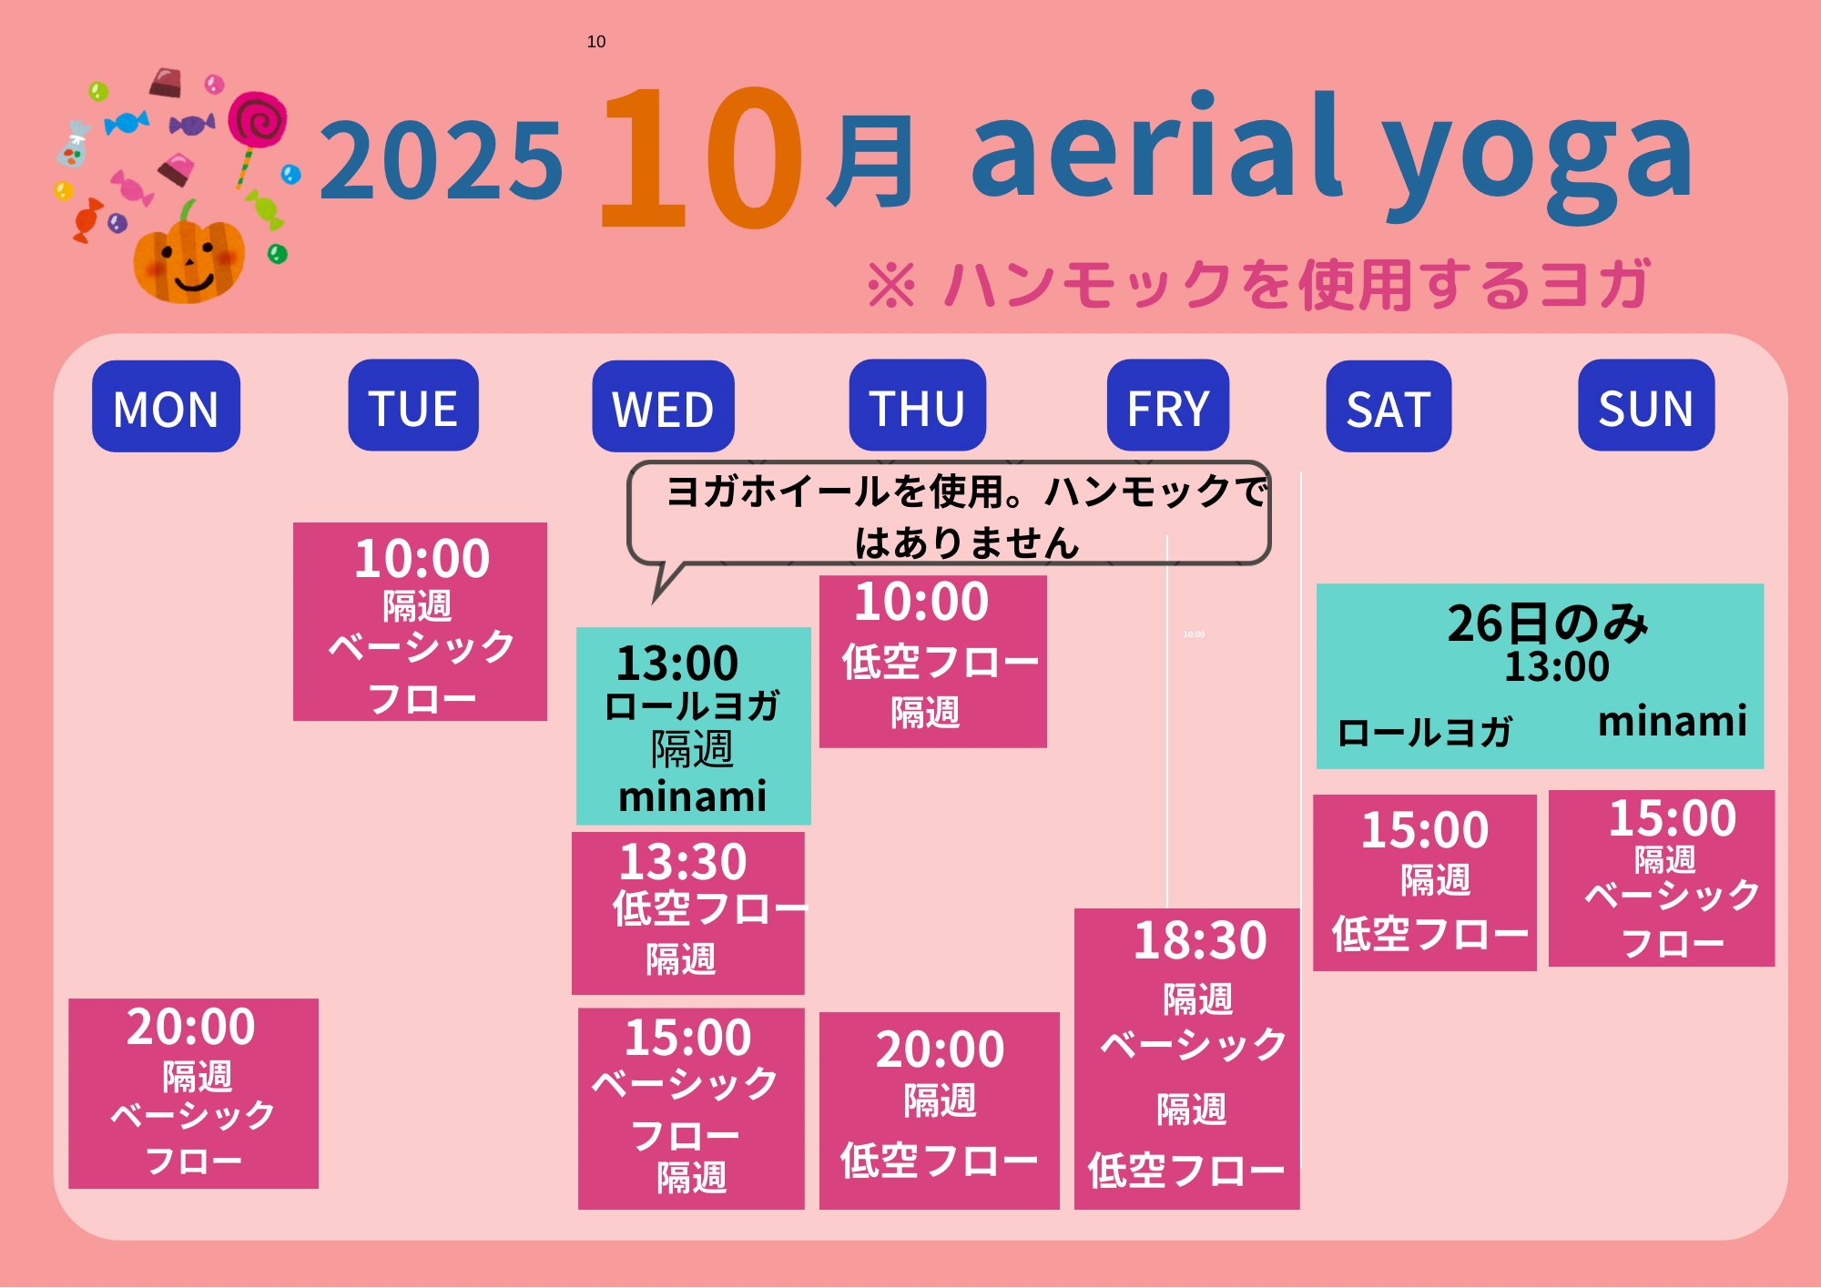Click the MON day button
click(166, 406)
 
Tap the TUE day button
click(413, 405)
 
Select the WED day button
click(663, 406)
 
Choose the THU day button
click(918, 405)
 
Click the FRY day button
click(1168, 405)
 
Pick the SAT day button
click(1389, 406)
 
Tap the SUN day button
click(1646, 405)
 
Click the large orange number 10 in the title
click(701, 157)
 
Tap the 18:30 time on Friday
click(1200, 940)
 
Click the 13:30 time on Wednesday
click(683, 861)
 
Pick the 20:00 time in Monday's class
click(191, 1027)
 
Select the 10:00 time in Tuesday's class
click(422, 558)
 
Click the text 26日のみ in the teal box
click(1548, 624)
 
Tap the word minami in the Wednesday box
click(693, 796)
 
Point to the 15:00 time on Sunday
click(1673, 818)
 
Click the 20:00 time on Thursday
click(941, 1050)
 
